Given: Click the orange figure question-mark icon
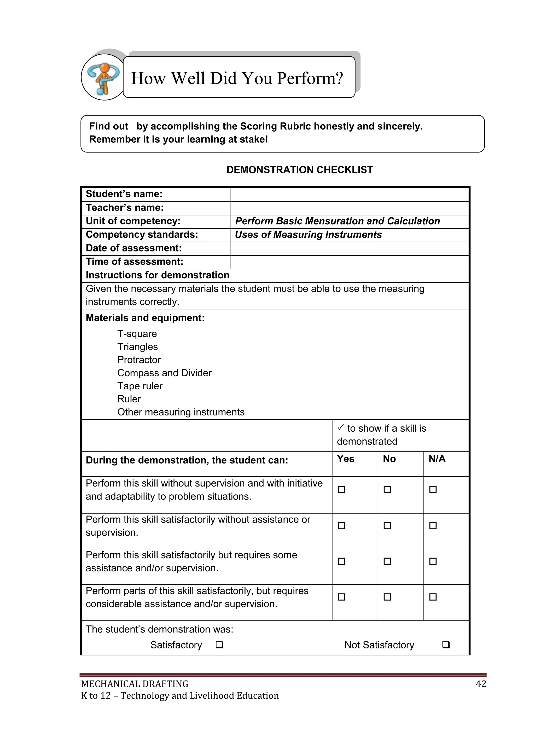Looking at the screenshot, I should [x=103, y=77].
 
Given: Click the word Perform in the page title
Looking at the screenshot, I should [x=310, y=78].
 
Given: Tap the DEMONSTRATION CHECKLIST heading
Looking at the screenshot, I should [x=299, y=170].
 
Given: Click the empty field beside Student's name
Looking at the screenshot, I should [x=349, y=195].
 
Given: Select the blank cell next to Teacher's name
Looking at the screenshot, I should [x=349, y=208].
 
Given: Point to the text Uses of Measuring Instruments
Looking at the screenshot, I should [x=308, y=235].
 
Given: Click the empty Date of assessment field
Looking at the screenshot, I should [x=349, y=249].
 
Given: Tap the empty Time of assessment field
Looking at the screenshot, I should [x=349, y=262].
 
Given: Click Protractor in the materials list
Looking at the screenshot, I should [x=139, y=360].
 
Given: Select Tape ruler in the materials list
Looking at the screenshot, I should [x=140, y=386].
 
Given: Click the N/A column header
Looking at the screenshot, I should [x=437, y=459].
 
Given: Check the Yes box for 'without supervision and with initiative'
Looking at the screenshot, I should [x=341, y=490].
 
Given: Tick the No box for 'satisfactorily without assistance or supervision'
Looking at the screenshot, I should [x=387, y=526].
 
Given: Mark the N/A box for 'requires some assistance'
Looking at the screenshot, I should [x=433, y=561].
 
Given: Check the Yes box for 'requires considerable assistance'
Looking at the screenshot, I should [x=341, y=597].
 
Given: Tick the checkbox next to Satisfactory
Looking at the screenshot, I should [x=219, y=645].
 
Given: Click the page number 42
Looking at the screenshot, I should [x=481, y=684].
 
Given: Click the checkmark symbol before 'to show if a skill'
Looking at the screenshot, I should [x=341, y=428].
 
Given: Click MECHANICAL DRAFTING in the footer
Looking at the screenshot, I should [x=135, y=684].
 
